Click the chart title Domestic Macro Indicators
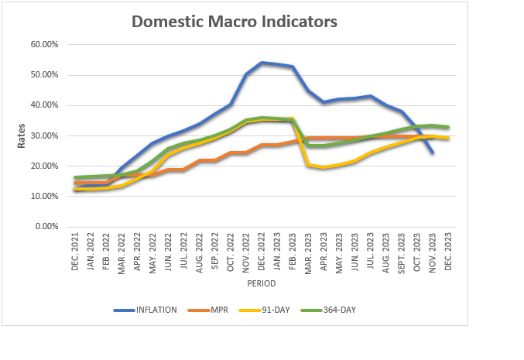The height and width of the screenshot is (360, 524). [235, 22]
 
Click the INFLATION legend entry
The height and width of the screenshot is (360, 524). [145, 310]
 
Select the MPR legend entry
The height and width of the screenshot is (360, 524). [208, 310]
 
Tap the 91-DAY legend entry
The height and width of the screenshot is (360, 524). [265, 310]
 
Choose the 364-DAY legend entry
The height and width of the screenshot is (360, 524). [328, 310]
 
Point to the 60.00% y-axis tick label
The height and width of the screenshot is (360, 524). [44, 44]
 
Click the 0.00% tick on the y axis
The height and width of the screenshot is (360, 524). [46, 226]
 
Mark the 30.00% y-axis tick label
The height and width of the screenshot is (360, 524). [44, 135]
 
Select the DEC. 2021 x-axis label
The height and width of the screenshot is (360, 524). [74, 252]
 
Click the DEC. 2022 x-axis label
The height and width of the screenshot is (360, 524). [262, 252]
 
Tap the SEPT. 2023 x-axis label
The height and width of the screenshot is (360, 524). [402, 253]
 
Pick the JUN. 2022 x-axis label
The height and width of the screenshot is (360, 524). [168, 252]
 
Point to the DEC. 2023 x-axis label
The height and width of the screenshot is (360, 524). [448, 252]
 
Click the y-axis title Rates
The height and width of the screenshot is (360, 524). [21, 135]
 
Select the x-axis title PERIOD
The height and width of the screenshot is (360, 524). [262, 283]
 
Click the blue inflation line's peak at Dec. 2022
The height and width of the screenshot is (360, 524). [262, 63]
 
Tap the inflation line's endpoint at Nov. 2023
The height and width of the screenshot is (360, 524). [433, 153]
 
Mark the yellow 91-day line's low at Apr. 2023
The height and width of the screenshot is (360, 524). [324, 167]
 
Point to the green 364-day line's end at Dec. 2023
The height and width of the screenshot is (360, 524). [448, 127]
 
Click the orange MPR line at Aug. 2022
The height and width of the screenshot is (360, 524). [199, 160]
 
